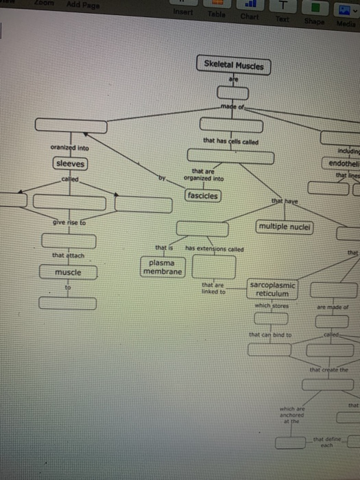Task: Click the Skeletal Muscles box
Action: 234,66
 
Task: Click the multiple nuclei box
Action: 284,227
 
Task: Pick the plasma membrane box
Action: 163,267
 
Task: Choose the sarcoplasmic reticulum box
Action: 273,289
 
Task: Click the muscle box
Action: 68,272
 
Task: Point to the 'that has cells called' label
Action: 230,141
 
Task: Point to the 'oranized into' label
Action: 69,147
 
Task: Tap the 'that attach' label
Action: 67,256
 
